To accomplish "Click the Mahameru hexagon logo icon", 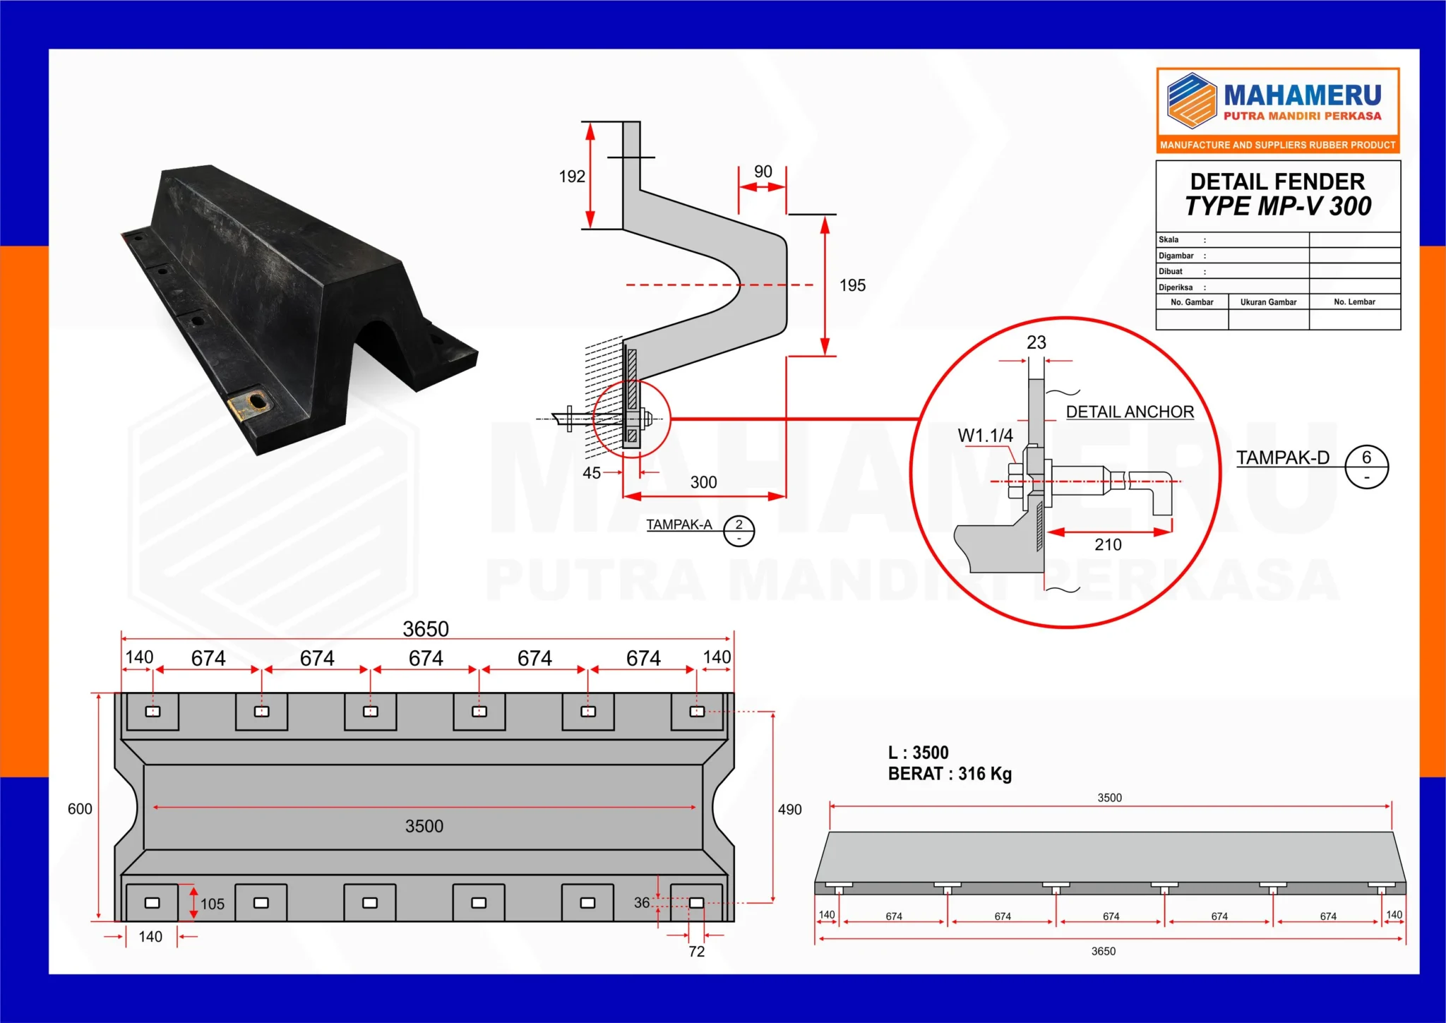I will point(1191,101).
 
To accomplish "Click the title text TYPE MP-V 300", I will point(1277,206).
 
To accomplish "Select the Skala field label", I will point(1169,240).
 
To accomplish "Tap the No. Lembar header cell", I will point(1354,302).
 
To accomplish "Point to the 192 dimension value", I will point(572,177).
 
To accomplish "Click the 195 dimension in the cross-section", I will point(852,285).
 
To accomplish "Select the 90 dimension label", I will point(763,172).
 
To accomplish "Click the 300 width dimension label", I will point(703,482).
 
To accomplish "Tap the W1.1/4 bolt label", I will point(985,436).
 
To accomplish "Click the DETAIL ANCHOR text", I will point(1130,412).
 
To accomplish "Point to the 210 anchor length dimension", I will point(1108,544).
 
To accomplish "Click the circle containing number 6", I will point(1366,466).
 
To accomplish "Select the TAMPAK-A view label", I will point(679,525).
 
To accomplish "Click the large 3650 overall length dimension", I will point(426,628).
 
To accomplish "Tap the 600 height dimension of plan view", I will point(80,809).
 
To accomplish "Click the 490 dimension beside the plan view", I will point(789,810).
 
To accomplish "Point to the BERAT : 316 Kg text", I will point(950,774).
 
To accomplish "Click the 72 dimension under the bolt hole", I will point(696,951).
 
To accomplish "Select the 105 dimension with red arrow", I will point(212,904).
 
